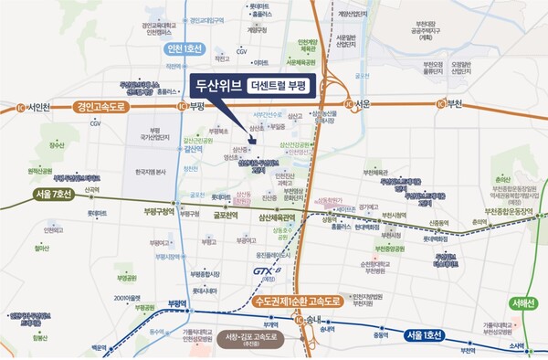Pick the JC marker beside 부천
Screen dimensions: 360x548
point(443,103)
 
